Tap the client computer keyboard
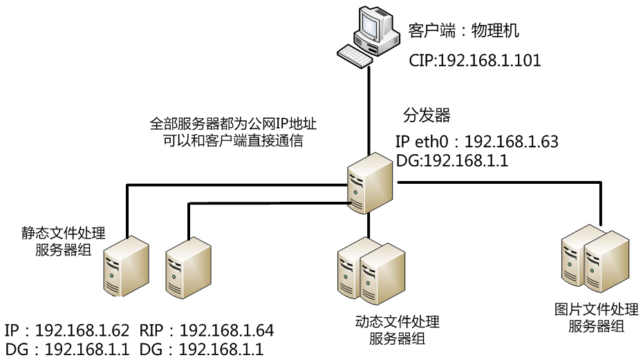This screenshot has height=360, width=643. (354, 56)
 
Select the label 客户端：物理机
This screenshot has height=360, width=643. (463, 31)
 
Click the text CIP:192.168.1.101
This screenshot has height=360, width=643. (474, 61)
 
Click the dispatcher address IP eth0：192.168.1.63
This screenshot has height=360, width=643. (476, 142)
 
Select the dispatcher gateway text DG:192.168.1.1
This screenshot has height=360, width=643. (452, 160)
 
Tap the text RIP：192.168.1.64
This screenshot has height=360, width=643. (207, 330)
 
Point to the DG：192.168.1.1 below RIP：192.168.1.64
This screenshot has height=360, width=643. (201, 350)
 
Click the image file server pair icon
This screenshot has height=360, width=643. (595, 260)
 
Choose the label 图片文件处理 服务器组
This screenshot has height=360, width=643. (596, 318)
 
